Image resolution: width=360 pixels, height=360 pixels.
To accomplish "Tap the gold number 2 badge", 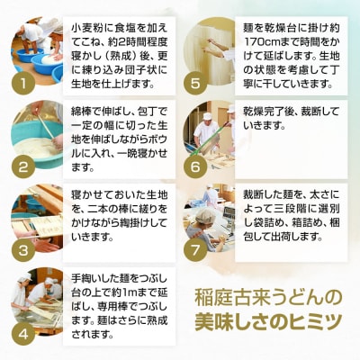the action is (x=23, y=166).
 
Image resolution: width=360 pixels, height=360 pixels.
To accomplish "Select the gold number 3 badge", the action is (x=23, y=250).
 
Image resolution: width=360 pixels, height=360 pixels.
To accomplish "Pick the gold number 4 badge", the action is (x=23, y=334).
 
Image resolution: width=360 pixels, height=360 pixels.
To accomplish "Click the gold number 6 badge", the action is (x=195, y=166).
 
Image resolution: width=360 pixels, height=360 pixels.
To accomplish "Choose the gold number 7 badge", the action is (x=195, y=250).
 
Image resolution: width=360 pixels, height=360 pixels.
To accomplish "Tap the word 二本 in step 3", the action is (x=100, y=209).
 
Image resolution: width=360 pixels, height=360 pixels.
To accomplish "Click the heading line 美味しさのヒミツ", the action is (x=268, y=320).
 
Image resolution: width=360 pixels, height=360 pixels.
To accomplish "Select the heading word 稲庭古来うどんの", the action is (x=268, y=297).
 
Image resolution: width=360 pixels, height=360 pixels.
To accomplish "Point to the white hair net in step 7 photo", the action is (x=205, y=217).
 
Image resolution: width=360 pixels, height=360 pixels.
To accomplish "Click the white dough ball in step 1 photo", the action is (x=49, y=60).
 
